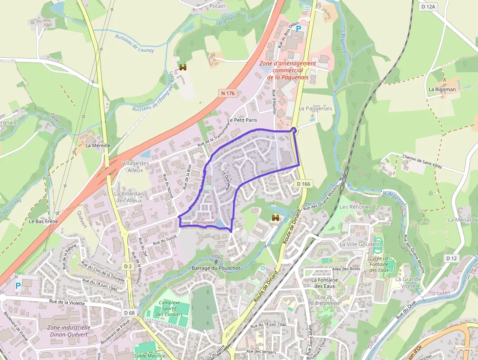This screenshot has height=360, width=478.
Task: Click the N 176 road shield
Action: coord(228,93)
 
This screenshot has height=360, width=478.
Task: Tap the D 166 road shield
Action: coord(303,184)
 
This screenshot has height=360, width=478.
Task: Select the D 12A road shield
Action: coord(427,6)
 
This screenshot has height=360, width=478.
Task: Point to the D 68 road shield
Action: coord(129,313)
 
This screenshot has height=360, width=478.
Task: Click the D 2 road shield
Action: coord(128,266)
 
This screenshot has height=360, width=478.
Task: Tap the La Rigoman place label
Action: coord(442,89)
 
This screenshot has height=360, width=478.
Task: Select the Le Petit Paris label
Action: coord(242,120)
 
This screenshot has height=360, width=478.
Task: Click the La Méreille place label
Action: coord(98,145)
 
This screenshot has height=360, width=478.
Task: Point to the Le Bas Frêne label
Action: coord(43,221)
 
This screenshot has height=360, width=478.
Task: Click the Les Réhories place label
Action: coord(355,207)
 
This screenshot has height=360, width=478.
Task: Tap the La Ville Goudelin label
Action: coord(360,244)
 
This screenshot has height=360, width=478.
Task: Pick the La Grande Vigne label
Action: coord(409,283)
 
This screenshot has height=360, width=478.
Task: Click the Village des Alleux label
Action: coord(135,167)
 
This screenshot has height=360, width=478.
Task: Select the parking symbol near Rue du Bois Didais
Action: coord(299,29)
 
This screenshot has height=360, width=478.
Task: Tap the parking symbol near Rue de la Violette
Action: coord(18,286)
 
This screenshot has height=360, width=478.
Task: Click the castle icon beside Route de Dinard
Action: coord(275,218)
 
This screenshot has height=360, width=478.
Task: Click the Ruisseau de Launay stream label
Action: coord(135,43)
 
